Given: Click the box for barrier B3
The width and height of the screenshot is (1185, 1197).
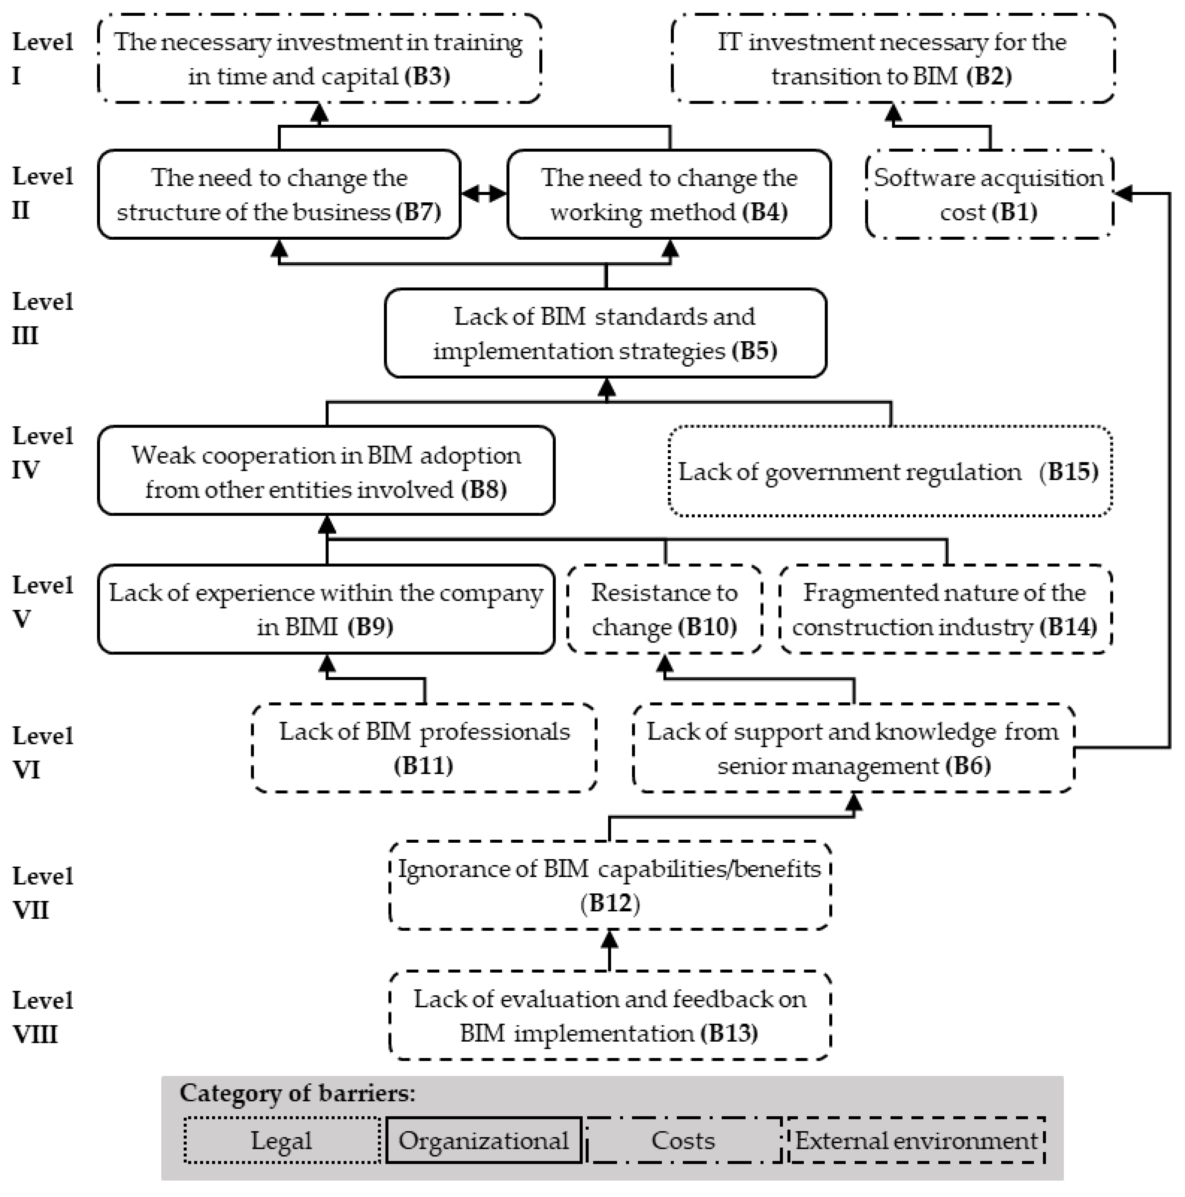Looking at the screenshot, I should [319, 59].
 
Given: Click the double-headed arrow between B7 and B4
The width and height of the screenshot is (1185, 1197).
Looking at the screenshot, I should [483, 194].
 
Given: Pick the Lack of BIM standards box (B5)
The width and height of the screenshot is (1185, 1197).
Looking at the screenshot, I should [605, 333].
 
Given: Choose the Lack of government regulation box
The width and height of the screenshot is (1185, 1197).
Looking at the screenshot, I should [889, 472].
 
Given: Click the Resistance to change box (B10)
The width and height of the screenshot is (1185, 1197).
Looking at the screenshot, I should [664, 610].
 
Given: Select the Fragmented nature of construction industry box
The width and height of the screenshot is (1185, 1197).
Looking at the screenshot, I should [945, 610].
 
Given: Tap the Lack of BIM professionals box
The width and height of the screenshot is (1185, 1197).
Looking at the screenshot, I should [424, 748].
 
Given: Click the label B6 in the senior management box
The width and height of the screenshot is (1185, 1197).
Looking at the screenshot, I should [968, 766].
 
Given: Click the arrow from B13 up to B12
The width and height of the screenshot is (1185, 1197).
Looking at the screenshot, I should [609, 951].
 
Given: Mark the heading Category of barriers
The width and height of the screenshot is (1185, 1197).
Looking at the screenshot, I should [297, 1093].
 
